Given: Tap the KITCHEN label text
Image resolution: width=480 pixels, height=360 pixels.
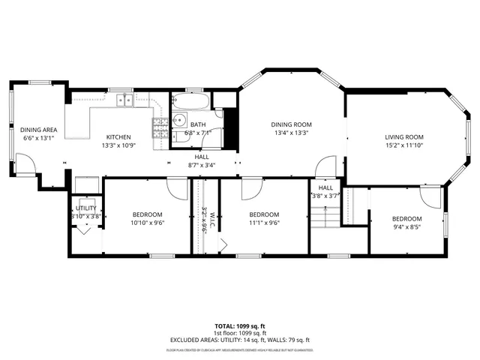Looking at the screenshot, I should (118, 136).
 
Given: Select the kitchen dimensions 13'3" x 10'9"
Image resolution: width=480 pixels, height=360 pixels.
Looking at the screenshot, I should (118, 145).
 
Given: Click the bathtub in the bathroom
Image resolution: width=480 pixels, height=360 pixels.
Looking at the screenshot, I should (190, 100).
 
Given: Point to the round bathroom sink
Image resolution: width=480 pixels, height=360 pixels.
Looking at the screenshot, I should (180, 119).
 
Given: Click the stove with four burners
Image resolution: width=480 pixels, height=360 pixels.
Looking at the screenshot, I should (160, 127).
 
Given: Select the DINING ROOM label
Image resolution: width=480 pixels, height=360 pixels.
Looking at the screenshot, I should (291, 124).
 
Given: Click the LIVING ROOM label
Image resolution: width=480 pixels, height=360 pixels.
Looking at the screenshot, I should (404, 136).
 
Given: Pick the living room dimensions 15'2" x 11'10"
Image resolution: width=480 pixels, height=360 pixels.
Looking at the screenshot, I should (404, 145).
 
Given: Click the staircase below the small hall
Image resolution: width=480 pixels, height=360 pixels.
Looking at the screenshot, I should (325, 218).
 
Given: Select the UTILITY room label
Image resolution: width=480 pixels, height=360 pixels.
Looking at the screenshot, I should (86, 208).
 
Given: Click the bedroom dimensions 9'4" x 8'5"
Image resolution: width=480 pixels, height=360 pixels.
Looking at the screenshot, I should (407, 227).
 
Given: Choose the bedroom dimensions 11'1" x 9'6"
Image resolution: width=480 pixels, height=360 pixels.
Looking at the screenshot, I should (264, 222).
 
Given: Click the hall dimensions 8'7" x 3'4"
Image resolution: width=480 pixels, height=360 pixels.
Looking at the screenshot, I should (202, 165).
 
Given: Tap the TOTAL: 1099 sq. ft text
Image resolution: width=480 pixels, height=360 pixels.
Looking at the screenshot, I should (239, 326).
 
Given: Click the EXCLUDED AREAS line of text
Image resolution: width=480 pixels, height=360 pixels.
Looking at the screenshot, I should (239, 340).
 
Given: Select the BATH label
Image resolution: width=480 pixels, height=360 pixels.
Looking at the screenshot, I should (198, 124).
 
